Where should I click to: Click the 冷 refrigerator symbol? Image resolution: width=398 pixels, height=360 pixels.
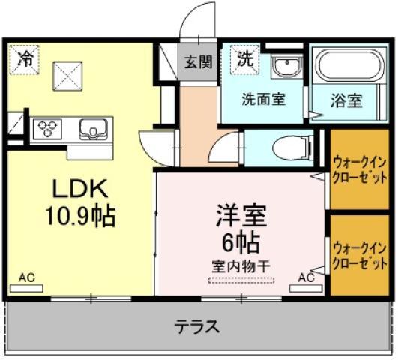pos(24,60)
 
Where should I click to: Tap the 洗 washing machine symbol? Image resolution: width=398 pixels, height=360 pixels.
pos(244,60)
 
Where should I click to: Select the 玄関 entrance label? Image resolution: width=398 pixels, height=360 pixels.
pos(198,62)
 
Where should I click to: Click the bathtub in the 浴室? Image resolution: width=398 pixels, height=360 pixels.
pos(349,65)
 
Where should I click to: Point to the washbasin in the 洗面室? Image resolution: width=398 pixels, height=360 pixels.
pos(287,67)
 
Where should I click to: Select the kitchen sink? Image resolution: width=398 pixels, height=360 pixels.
pos(93,129)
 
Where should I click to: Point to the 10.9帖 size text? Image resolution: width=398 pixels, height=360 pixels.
pos(80,216)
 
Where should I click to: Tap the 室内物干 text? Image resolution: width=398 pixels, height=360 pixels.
pos(241,266)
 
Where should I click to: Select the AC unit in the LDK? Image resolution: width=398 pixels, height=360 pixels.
pos(26,288)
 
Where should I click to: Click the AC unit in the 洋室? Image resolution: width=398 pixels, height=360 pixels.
pos(307,288)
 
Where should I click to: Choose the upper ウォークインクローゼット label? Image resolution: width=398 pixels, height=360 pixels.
pos(360,170)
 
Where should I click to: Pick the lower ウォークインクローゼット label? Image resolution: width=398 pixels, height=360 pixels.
pos(360,256)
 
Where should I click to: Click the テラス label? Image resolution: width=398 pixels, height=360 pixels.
pos(197,326)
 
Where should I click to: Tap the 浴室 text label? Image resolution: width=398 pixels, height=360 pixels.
pos(346,100)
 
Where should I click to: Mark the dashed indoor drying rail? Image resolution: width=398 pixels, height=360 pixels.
pos(241,280)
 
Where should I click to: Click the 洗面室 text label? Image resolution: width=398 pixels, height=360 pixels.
pos(264,99)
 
